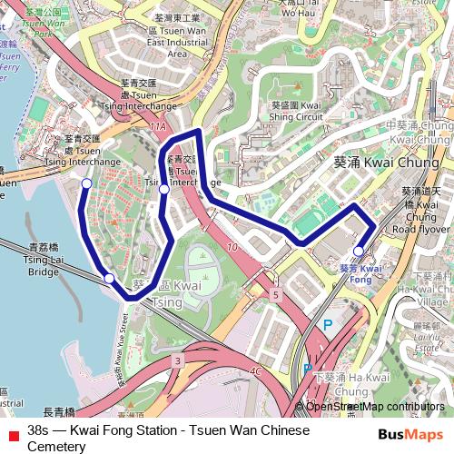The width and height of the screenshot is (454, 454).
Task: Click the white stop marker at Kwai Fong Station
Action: (x=359, y=251)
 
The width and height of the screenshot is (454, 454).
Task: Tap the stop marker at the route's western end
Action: (x=87, y=183)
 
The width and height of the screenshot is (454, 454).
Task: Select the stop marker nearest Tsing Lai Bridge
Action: (x=109, y=278)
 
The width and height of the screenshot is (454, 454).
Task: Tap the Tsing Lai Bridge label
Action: (x=44, y=259)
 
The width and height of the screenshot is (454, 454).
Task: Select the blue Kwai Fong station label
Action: (x=361, y=274)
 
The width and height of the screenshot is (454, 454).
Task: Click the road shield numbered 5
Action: (x=275, y=295)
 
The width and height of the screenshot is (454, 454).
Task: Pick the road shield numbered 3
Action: (x=178, y=361)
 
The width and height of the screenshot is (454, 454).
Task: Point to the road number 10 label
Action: (x=232, y=247)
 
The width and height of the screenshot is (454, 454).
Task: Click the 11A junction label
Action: (x=158, y=127)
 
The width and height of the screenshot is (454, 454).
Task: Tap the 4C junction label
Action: (x=256, y=370)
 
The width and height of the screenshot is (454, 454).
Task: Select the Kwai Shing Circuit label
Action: (x=297, y=111)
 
